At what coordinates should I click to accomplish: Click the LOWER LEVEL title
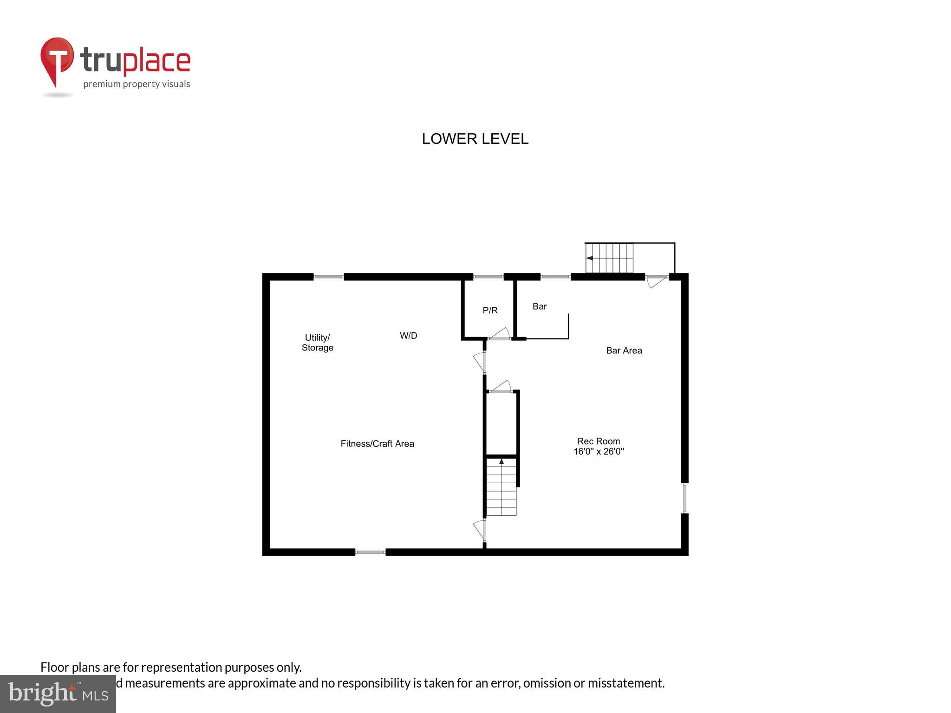click(x=475, y=139)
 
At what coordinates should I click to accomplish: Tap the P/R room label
click(x=490, y=311)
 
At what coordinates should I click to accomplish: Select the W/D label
click(x=408, y=336)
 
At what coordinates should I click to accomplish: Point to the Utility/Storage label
click(x=318, y=343)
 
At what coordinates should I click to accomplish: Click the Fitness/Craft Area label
click(x=377, y=444)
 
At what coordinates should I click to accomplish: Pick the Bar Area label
click(x=624, y=350)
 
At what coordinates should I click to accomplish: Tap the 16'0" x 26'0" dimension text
click(x=599, y=451)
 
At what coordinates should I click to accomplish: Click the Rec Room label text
click(x=598, y=441)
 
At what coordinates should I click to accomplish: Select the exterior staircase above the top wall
click(x=609, y=258)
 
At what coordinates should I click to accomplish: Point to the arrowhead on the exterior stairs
click(x=589, y=258)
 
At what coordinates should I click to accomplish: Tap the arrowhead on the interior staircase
click(x=501, y=461)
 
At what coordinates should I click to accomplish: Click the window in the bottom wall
click(x=370, y=552)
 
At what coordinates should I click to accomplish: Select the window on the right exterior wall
click(x=684, y=498)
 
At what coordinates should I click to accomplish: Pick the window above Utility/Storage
click(x=329, y=277)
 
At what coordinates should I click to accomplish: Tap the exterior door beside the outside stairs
click(x=656, y=280)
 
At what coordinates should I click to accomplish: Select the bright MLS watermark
click(x=58, y=694)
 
